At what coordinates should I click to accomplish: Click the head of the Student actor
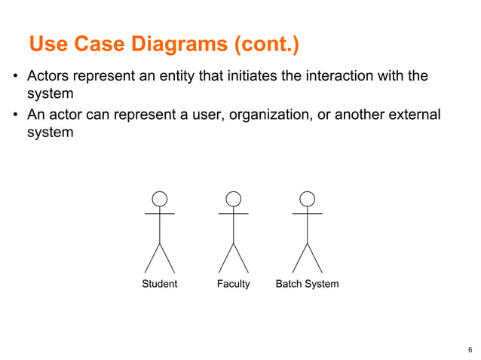tap(160, 199)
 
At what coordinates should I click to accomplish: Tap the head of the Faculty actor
tap(234, 199)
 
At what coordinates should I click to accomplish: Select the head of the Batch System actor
tap(307, 199)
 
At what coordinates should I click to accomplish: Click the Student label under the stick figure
tap(160, 284)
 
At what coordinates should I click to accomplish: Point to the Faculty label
tap(233, 284)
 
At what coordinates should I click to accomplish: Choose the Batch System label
tap(307, 284)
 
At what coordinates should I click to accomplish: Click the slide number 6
tap(470, 349)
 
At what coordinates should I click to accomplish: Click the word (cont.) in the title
tap(267, 45)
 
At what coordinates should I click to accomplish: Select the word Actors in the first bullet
tap(47, 76)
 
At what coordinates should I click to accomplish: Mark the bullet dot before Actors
tap(15, 77)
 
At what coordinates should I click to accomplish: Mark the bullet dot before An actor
tap(15, 116)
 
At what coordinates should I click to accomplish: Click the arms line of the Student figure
tap(160, 214)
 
